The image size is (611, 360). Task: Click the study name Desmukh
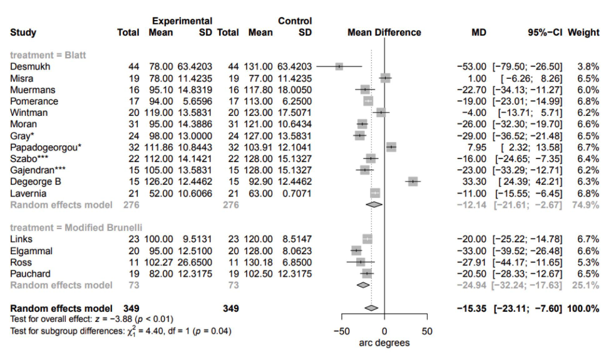point(30,66)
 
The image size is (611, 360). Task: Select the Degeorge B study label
point(36,182)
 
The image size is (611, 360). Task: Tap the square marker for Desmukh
point(339,66)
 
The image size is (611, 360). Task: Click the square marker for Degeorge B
point(413,182)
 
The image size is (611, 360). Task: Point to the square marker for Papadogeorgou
point(391,147)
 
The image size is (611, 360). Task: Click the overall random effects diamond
point(371,308)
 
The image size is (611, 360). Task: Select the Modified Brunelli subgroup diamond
point(363,285)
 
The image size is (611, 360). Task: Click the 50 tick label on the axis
point(428,331)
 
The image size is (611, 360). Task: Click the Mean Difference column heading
point(384,33)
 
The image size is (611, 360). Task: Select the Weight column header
point(583,33)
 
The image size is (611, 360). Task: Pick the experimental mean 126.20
point(160,182)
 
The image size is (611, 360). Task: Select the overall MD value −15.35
point(471,308)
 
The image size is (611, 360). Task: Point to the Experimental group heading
point(182,21)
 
